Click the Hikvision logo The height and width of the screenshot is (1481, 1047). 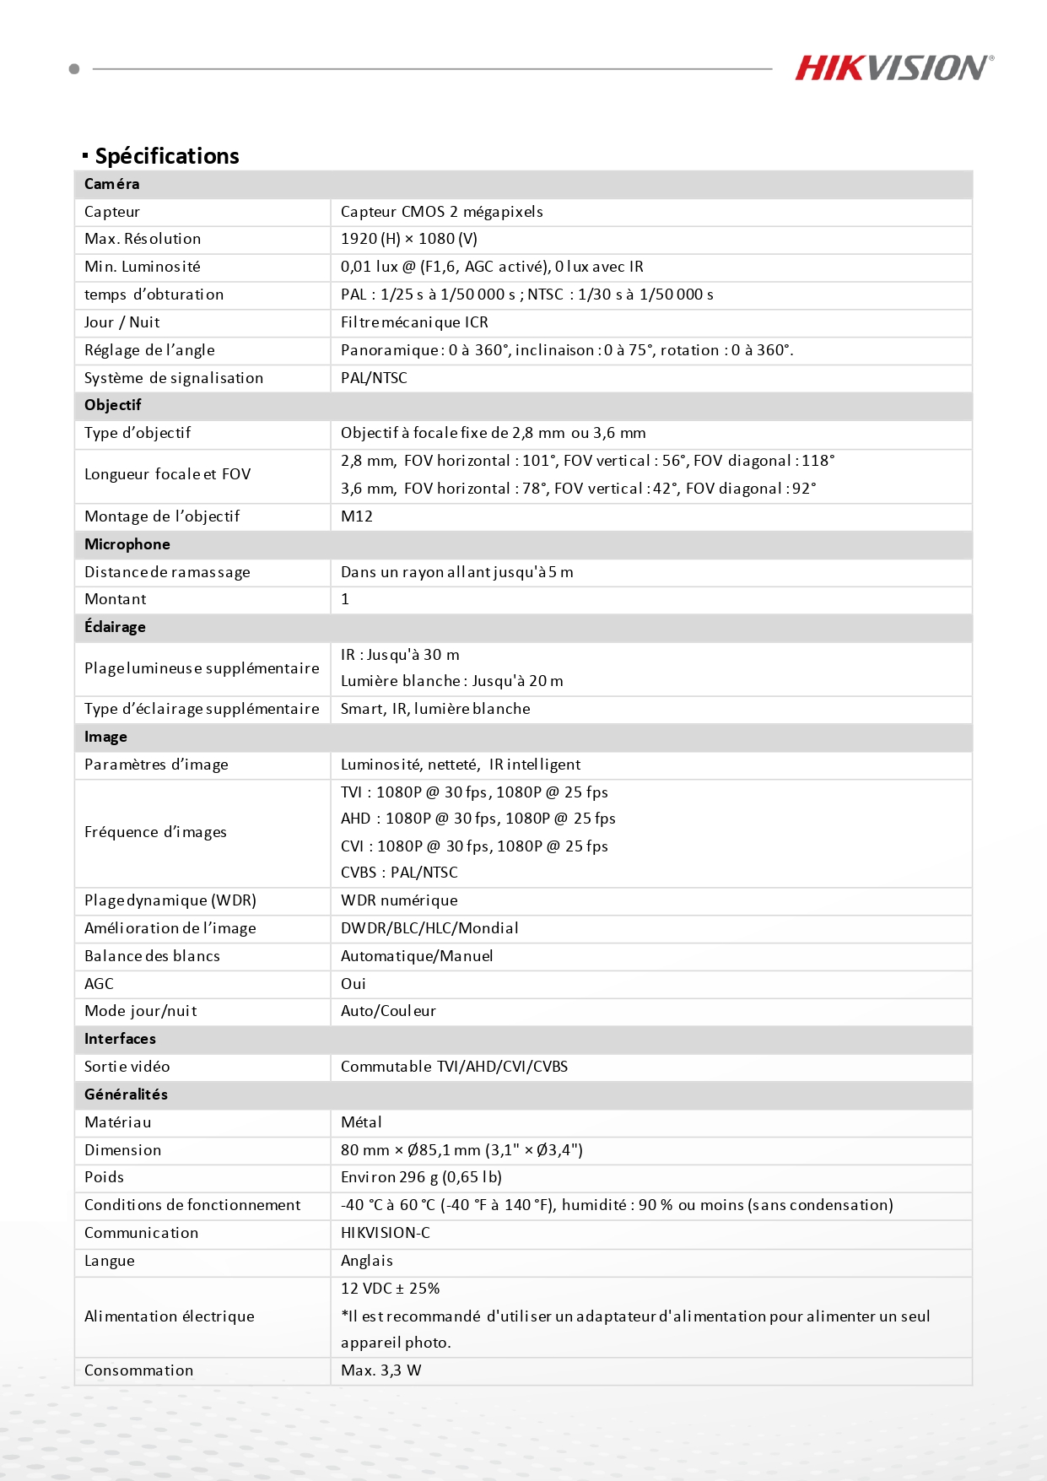coord(893,68)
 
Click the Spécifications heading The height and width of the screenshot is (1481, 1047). coord(166,156)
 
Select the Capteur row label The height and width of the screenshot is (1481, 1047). coord(112,212)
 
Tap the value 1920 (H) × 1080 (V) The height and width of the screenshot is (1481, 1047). coord(409,239)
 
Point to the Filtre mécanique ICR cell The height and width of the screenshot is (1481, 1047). coord(414,322)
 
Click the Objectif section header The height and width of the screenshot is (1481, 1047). coord(113,405)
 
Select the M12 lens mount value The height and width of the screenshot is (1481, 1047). coord(357,516)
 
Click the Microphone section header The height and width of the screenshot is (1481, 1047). coord(127,544)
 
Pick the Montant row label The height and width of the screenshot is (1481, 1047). coord(116,599)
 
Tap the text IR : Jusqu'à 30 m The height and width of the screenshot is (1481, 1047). coord(400,655)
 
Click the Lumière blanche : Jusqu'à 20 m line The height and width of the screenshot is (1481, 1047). coord(451,681)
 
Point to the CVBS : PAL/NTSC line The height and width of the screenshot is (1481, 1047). coord(399,873)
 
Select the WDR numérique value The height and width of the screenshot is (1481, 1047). coord(399,900)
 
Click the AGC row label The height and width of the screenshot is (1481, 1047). coord(99,984)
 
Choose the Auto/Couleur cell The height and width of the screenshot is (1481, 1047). coord(388,1011)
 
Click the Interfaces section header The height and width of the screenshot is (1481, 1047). coord(120,1039)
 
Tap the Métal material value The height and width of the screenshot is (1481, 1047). coord(361,1122)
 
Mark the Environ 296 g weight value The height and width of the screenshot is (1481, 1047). coord(421,1177)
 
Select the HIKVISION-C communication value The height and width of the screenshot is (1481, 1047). coord(386,1233)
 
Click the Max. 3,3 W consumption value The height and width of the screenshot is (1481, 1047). coord(380,1370)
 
